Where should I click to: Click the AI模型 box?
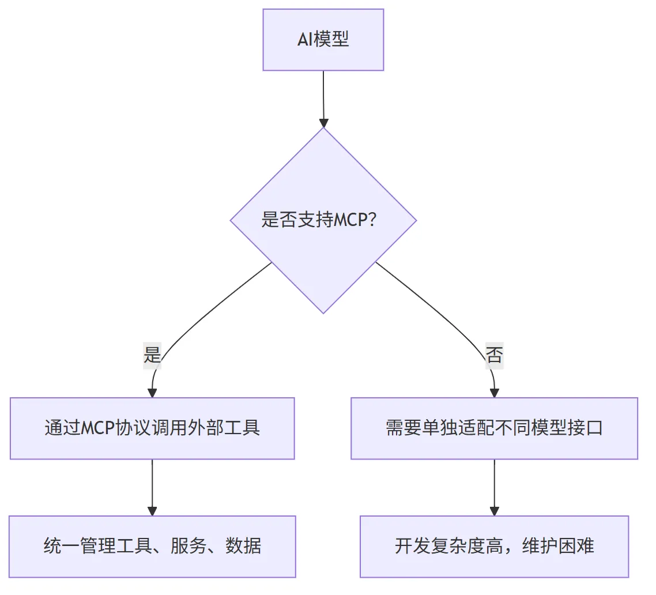point(323,40)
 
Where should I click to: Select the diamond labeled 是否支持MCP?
point(323,220)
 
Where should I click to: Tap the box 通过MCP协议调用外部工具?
point(152,428)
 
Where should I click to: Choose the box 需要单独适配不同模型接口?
point(495,428)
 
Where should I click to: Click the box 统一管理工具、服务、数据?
point(152,547)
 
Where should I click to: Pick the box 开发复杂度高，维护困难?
point(495,547)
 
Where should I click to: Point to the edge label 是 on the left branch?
point(152,355)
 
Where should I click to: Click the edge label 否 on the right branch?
point(494,355)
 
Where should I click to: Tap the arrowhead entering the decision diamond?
point(323,123)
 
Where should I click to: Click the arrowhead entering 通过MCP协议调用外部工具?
point(152,393)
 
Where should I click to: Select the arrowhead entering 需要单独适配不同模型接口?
point(495,393)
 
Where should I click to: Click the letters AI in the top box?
point(306,40)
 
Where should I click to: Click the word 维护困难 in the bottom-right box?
point(558,546)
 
